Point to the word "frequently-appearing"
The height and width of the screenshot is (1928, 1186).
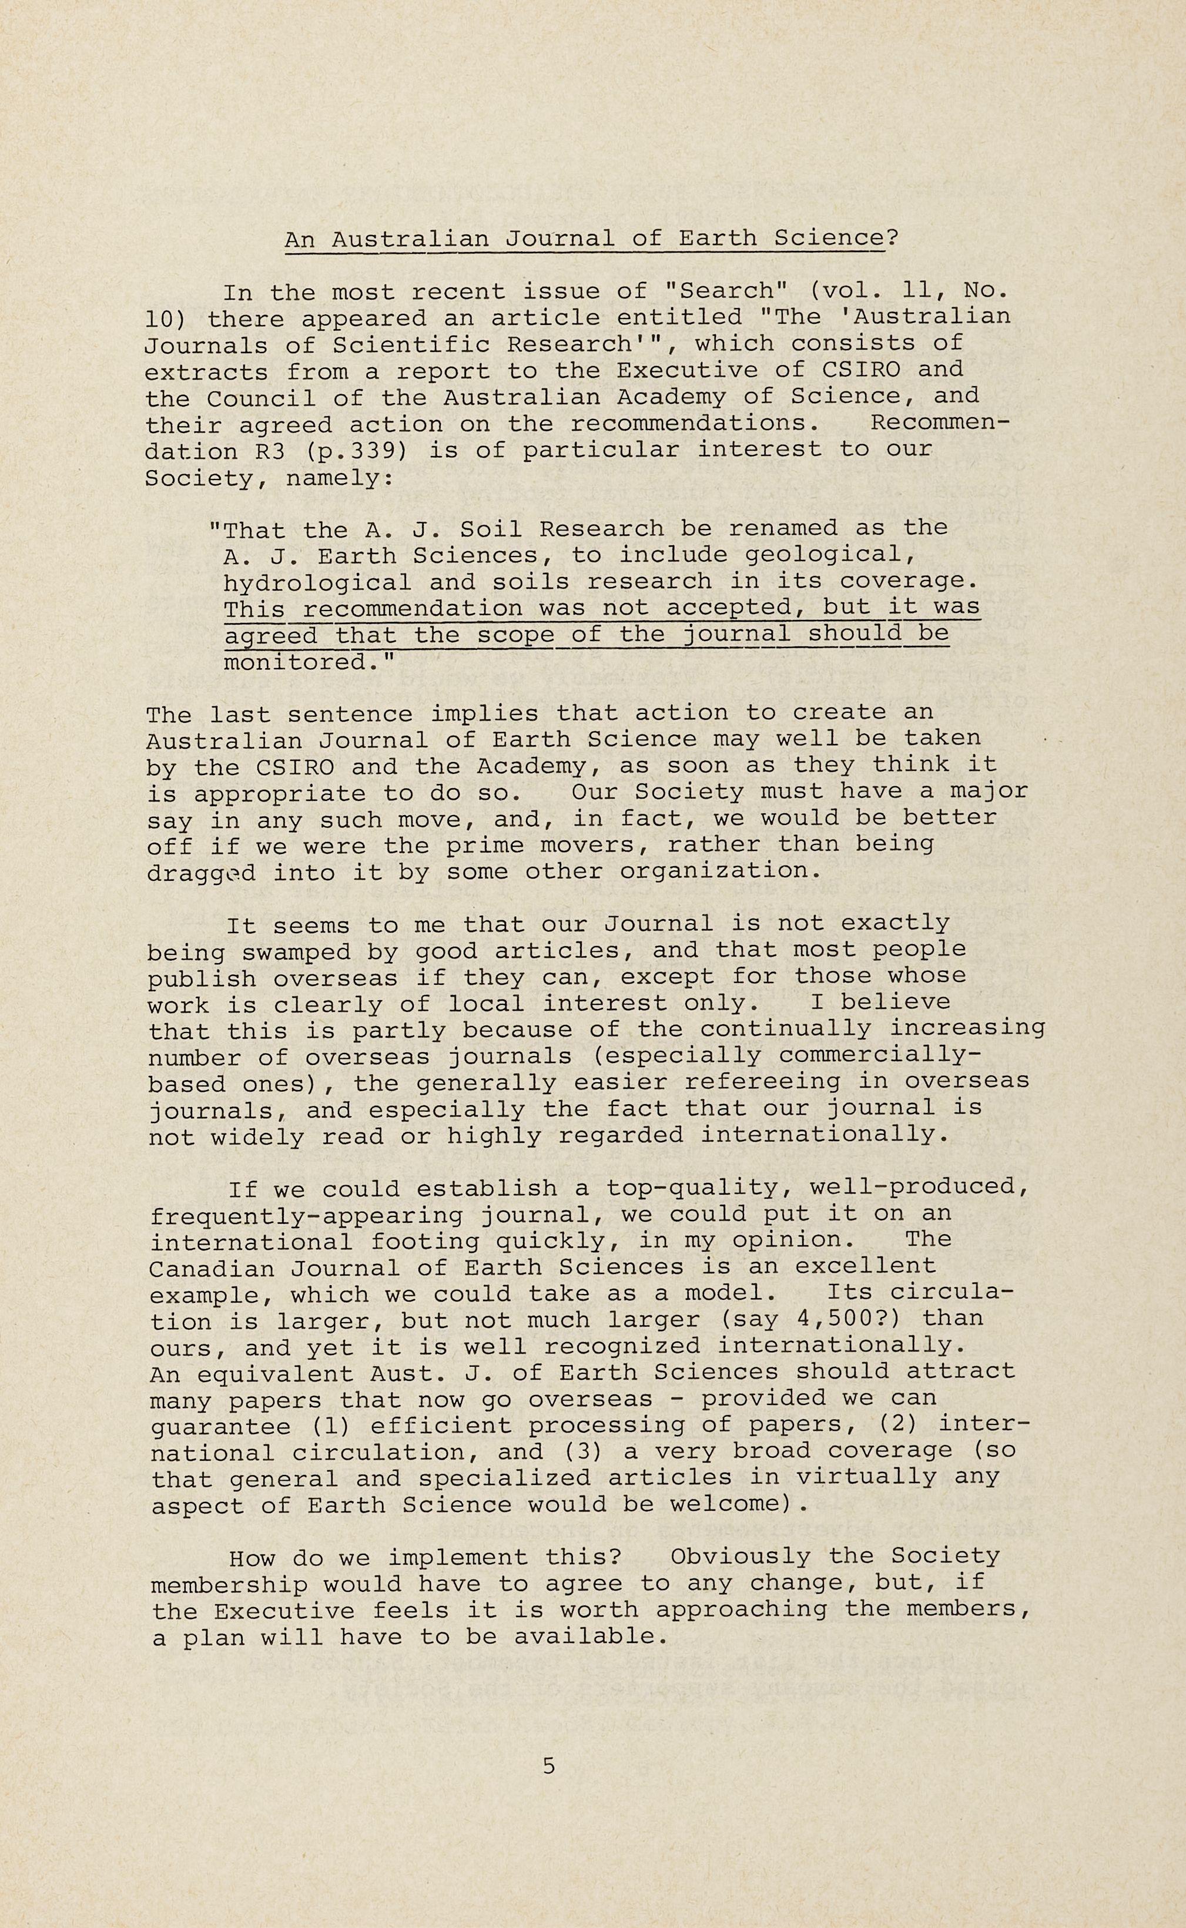click(307, 1216)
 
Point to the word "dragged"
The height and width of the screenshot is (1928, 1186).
click(202, 873)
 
